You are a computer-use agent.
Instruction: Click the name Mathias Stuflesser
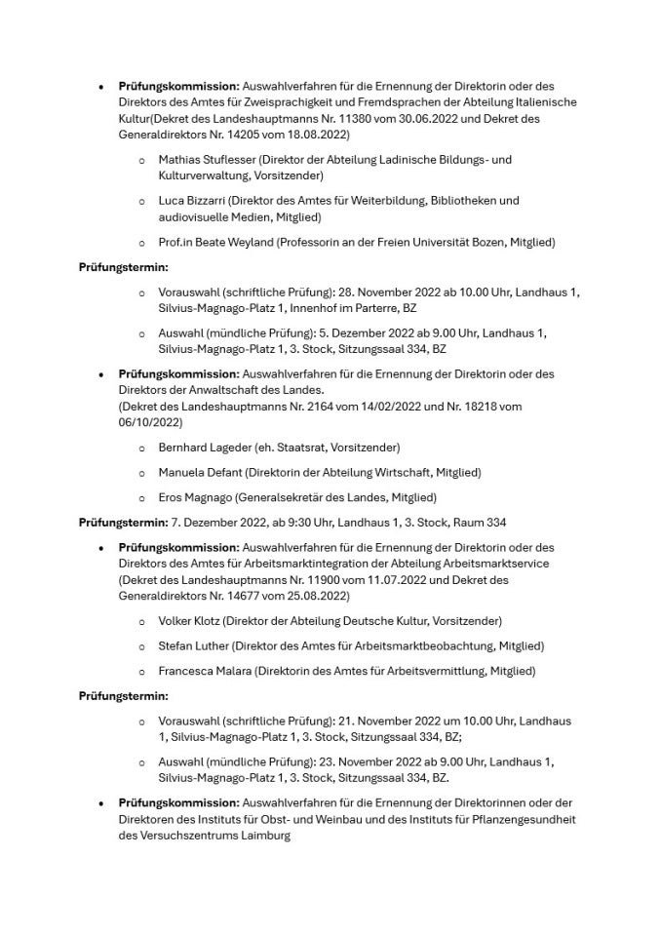click(x=201, y=159)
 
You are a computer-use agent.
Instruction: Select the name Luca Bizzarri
click(x=185, y=201)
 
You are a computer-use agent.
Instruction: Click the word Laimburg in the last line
click(x=263, y=836)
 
